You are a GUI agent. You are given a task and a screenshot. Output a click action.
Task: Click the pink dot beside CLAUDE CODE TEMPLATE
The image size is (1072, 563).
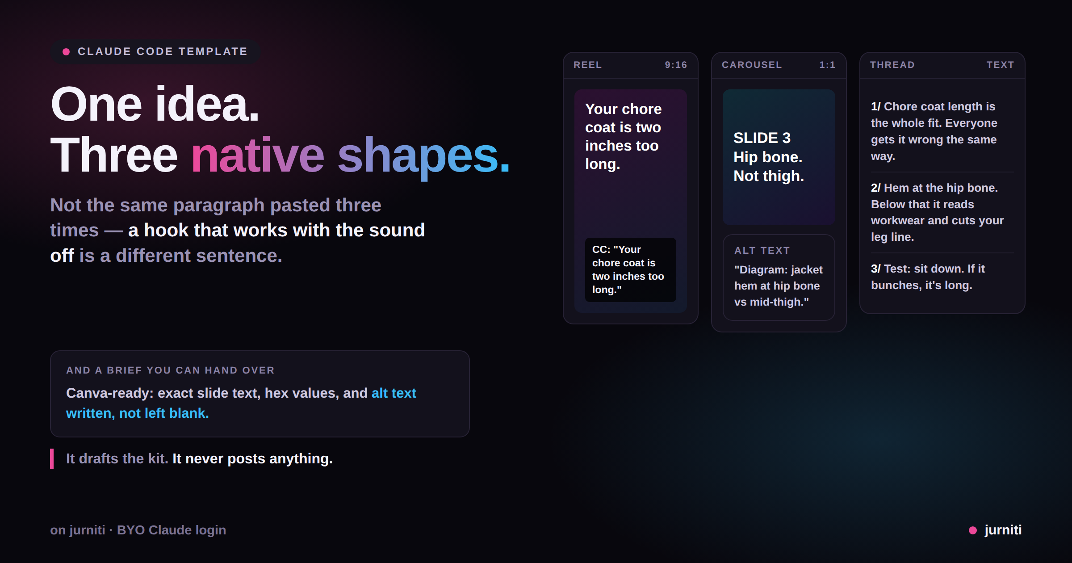[x=66, y=52]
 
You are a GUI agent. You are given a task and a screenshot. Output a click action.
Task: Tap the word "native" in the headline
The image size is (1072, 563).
[x=257, y=155]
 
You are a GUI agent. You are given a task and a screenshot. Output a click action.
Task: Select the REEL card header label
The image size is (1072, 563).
[x=587, y=65]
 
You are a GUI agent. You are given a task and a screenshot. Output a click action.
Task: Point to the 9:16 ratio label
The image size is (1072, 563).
[x=676, y=65]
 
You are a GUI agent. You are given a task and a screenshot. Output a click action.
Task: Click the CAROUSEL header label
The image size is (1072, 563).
[x=752, y=65]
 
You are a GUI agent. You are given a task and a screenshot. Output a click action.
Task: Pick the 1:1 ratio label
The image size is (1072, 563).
[x=827, y=65]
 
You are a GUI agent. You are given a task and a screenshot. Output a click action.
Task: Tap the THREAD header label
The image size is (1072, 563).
[x=892, y=65]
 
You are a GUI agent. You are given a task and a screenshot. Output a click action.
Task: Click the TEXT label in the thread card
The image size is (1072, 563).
[x=1000, y=65]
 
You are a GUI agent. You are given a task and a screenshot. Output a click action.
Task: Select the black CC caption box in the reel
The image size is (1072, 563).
[x=630, y=269]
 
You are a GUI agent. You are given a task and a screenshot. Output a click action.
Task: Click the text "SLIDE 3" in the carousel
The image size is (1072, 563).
[x=762, y=138]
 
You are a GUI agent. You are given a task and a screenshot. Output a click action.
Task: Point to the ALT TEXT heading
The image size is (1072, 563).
[x=762, y=251]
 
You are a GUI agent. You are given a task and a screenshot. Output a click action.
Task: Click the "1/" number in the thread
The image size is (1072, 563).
[x=875, y=106]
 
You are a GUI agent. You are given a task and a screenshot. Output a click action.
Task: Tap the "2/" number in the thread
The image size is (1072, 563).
[x=875, y=188]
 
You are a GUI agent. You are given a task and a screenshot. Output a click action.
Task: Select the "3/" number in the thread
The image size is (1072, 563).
[x=875, y=269]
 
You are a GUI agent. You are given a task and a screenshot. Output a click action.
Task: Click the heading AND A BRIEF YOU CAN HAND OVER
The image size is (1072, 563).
[x=170, y=370]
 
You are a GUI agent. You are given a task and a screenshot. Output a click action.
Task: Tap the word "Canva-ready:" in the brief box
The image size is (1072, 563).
[x=110, y=393]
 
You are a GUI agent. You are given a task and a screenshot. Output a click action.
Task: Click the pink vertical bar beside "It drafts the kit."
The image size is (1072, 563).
[x=52, y=458]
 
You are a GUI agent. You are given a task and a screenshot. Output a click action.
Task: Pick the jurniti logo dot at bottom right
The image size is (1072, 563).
[x=972, y=530]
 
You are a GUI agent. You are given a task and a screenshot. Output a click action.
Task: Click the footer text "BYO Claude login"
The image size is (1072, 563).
[x=172, y=530]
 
